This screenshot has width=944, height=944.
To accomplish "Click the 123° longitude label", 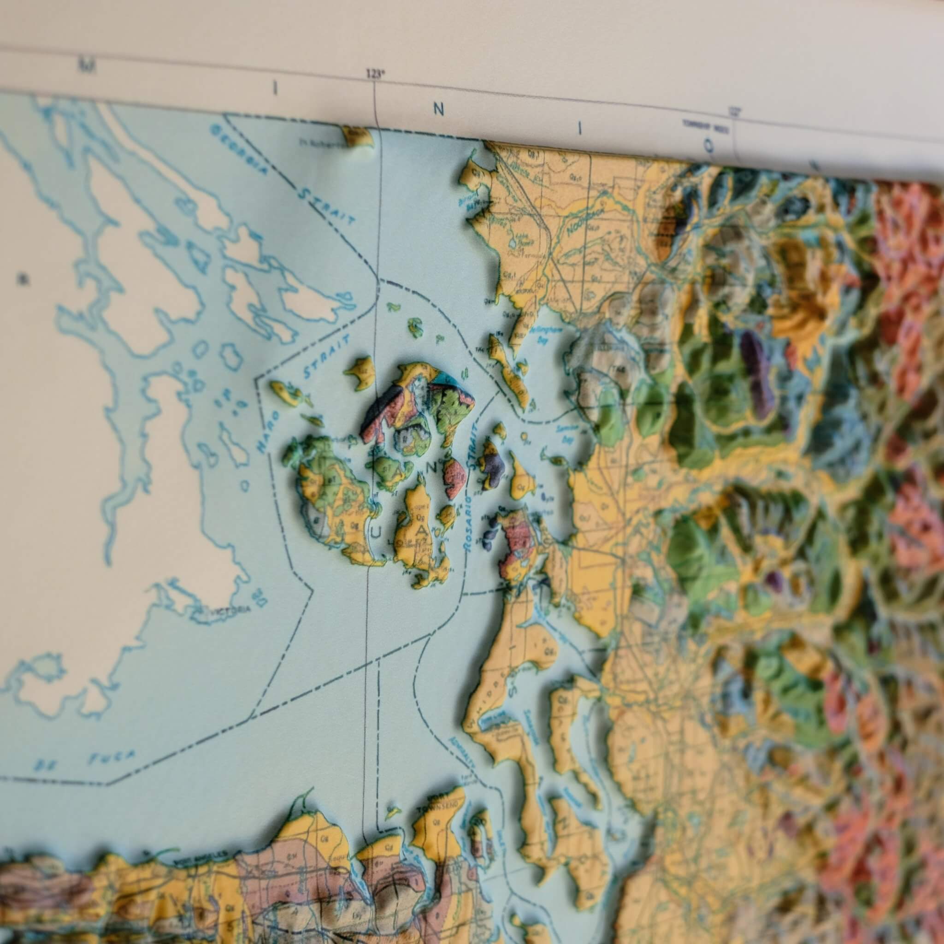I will pyautogui.click(x=375, y=74).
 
